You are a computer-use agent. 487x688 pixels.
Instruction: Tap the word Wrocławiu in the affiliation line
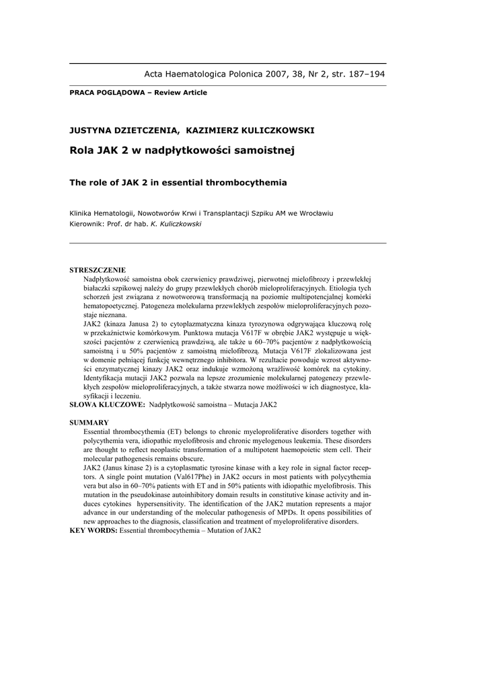click(314, 214)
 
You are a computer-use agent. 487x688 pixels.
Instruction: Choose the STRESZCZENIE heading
click(98, 269)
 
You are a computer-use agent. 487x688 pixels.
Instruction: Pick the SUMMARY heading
click(89, 423)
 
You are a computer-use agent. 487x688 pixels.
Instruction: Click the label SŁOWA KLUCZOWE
click(107, 405)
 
